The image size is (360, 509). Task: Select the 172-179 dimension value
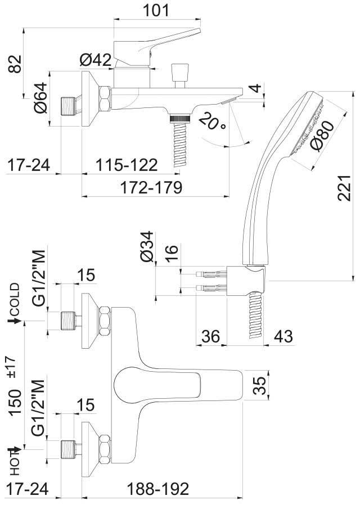tap(150, 187)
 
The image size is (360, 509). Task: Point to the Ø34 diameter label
tap(147, 246)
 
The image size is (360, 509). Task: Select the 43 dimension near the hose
tap(283, 336)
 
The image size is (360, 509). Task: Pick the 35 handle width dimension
tap(259, 386)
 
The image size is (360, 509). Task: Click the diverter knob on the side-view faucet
tap(179, 72)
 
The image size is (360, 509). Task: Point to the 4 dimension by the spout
tap(255, 88)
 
